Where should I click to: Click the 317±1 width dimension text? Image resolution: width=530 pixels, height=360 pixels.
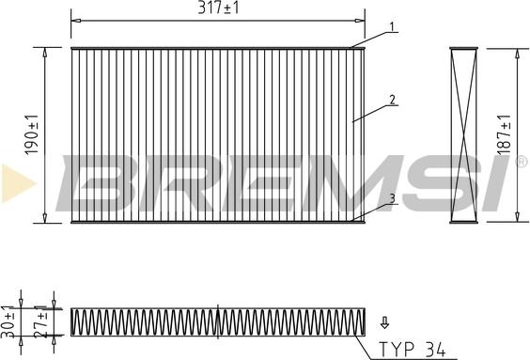pos(217,8)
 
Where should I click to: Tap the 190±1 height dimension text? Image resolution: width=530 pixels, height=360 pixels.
pos(31,135)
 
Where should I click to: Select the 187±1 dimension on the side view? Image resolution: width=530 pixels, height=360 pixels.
pos(504,135)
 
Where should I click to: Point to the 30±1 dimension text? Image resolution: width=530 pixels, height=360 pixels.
pos(9,322)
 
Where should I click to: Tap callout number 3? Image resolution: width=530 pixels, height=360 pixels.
pos(392,198)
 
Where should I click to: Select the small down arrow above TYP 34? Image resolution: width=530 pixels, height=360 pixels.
pos(384,322)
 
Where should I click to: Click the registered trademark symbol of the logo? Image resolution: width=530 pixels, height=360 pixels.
pos(520,162)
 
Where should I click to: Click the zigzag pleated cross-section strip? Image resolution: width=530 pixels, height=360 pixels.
pos(217,322)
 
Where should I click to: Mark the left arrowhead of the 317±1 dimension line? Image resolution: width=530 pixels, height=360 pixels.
pos(75,19)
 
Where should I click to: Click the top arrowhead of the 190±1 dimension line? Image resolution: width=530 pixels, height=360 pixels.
pos(45,51)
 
